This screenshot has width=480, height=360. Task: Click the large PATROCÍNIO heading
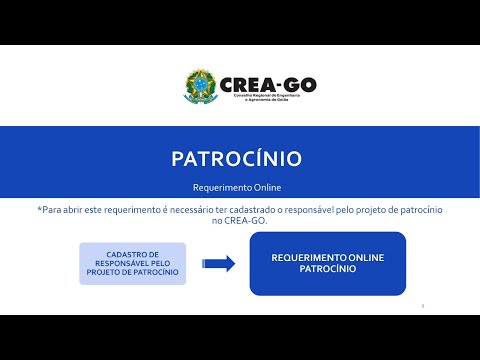[236, 159]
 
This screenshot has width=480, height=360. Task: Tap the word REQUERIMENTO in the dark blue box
[306, 258]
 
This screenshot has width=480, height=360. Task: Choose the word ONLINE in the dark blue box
[364, 258]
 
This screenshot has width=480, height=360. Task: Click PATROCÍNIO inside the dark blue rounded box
[327, 269]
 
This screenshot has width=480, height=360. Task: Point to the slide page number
[424, 305]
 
